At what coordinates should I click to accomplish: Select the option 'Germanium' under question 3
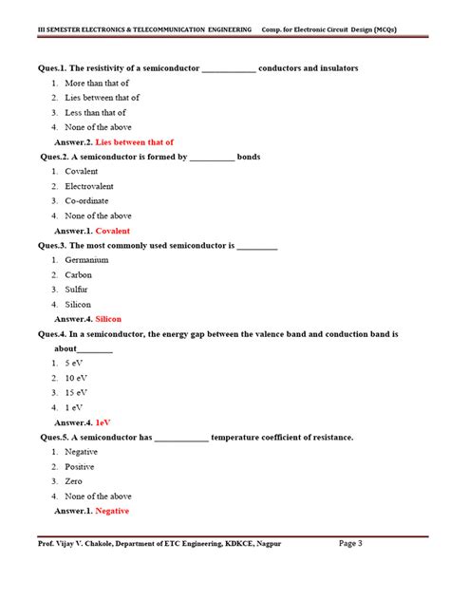[86, 260]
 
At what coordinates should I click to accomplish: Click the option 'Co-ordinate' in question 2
[86, 201]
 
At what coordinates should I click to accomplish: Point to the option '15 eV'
[76, 392]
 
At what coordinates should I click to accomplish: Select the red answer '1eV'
[103, 422]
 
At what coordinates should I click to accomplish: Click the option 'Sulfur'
[77, 289]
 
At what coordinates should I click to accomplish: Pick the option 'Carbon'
[78, 274]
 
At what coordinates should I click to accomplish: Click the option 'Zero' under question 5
[74, 481]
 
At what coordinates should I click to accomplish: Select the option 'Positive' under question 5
[80, 467]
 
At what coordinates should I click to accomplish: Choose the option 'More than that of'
[98, 84]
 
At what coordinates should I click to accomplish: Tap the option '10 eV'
[76, 378]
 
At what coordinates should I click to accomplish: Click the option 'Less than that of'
[97, 113]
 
